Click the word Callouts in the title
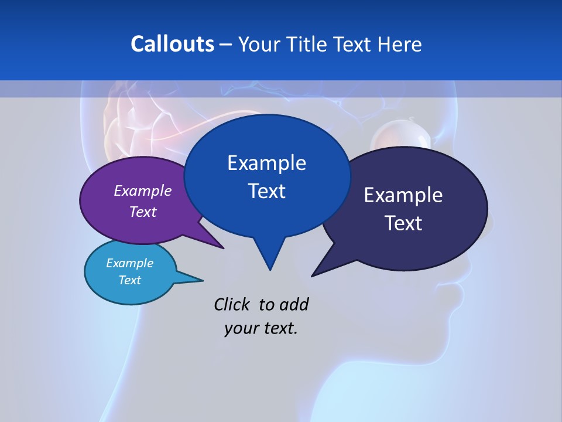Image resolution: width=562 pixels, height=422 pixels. [x=172, y=44]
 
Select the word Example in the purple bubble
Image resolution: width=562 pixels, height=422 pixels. [x=143, y=190]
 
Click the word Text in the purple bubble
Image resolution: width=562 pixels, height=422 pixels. [x=143, y=212]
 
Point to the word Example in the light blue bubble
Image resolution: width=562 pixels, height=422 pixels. [x=130, y=263]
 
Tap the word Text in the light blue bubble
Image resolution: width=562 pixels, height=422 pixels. [x=130, y=280]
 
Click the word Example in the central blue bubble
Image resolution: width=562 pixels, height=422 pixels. [x=267, y=163]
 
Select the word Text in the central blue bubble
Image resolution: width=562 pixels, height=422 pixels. [x=267, y=191]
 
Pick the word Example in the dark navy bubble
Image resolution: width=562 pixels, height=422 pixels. [x=403, y=195]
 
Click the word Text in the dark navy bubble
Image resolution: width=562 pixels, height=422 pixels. [x=403, y=223]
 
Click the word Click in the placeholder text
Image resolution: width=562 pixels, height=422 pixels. [x=233, y=305]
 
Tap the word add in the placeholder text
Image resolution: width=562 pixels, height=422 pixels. [x=293, y=305]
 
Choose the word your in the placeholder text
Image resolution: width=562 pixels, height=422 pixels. [x=240, y=328]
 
